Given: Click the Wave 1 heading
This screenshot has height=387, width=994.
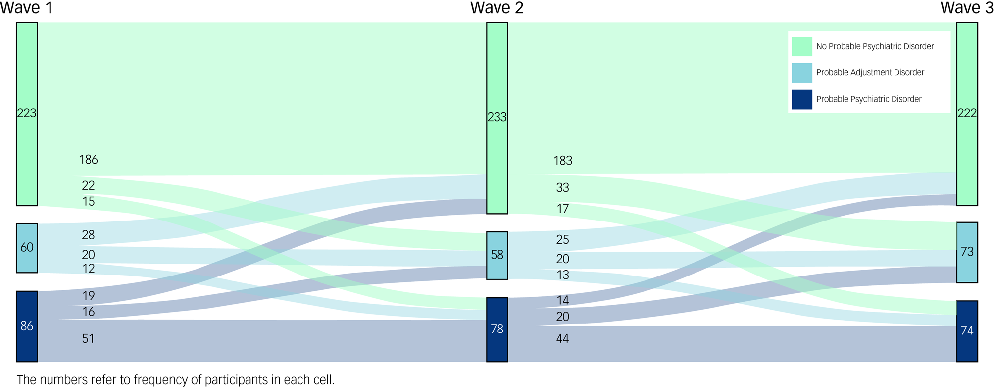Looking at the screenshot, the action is [27, 8].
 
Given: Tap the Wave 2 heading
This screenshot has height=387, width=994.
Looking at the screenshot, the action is [497, 8].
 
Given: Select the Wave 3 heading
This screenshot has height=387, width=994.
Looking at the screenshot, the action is [967, 8].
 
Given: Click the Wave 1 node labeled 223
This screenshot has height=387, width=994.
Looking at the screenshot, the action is [27, 114].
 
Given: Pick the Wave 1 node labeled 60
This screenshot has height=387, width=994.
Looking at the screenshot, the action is [27, 248].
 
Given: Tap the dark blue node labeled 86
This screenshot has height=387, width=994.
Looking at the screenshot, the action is [27, 326].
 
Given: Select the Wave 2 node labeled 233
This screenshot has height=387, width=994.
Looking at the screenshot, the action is [497, 118].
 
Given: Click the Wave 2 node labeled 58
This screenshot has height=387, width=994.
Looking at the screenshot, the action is [497, 255].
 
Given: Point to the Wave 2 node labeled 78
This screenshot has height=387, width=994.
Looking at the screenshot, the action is [497, 330].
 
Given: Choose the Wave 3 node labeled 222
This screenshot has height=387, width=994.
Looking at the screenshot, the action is [967, 114].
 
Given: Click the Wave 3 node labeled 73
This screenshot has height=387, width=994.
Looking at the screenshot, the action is [967, 252].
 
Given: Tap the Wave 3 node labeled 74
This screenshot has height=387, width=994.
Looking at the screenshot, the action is [967, 331].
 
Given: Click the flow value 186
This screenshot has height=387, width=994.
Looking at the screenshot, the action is [89, 160].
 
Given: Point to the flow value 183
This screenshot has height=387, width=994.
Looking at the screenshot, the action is [563, 161].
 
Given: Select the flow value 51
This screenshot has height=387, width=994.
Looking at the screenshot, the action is [88, 339].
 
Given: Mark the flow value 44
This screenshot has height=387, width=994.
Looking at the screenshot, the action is [562, 339].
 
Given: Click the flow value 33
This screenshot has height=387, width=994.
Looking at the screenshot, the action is [563, 188].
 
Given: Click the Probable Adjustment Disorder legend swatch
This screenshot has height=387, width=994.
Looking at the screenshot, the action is [802, 73].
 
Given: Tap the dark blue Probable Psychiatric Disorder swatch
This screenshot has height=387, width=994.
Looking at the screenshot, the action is [802, 99].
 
